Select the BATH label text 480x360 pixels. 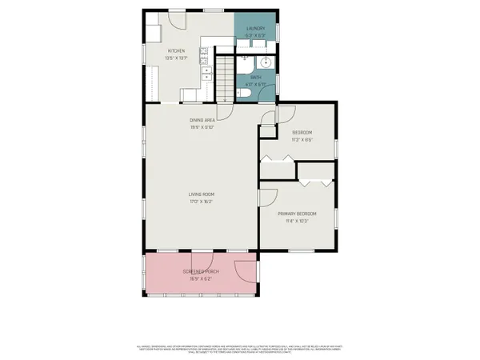coord(256,78)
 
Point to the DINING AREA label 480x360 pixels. coord(202,120)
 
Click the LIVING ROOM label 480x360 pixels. coord(201,194)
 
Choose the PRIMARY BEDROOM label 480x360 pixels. coord(297,214)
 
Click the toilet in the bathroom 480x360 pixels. coord(246,93)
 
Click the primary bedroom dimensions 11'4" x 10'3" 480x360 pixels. coord(297,221)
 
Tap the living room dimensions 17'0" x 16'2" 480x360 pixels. coord(201,201)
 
